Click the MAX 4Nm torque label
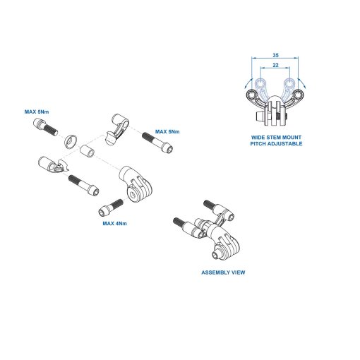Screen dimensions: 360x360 tap(114, 223)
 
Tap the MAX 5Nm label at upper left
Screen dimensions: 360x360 tap(37, 112)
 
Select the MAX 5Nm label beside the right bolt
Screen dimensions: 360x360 tap(167, 131)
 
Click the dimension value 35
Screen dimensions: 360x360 tap(275, 55)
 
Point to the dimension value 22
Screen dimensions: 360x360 tap(275, 65)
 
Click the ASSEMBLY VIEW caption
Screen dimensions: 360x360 tap(223, 272)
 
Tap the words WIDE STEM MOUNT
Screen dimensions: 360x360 tap(276, 137)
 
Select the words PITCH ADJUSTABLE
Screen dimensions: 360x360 tap(276, 143)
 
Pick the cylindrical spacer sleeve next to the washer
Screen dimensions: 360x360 tap(88, 151)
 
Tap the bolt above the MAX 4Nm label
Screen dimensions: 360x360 tap(111, 207)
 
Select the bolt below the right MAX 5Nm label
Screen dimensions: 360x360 tap(157, 142)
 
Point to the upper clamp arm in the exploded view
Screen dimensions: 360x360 tap(117, 128)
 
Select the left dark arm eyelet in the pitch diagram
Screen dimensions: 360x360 tap(252, 95)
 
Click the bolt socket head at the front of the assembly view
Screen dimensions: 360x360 tap(216, 255)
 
